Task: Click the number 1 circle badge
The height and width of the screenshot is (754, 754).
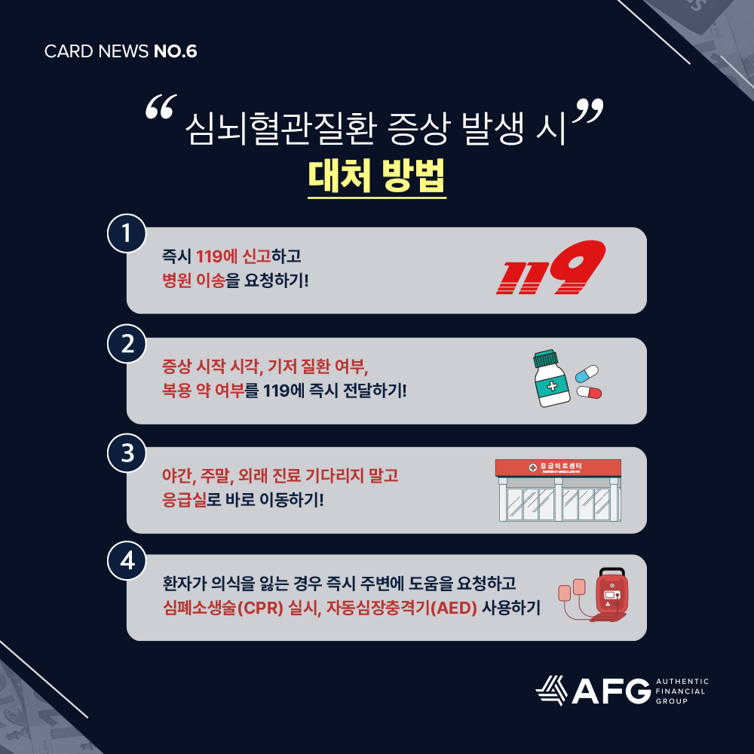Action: tap(127, 233)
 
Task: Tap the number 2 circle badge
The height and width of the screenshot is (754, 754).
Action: tap(127, 343)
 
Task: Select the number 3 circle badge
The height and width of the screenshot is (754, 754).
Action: tap(127, 453)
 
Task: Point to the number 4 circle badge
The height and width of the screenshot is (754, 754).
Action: tap(127, 561)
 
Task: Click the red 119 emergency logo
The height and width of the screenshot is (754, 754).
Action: tap(551, 268)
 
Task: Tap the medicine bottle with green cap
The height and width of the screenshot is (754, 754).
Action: tap(551, 378)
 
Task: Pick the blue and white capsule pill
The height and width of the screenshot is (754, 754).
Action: tap(587, 374)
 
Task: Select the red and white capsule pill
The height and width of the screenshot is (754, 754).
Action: tap(589, 392)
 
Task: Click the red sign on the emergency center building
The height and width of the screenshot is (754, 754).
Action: tap(558, 467)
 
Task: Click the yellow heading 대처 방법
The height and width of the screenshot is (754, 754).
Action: tap(376, 176)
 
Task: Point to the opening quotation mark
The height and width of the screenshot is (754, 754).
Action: tap(161, 107)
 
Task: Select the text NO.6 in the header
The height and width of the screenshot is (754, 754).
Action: tap(175, 51)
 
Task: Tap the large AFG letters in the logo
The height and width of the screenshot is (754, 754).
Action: tap(611, 691)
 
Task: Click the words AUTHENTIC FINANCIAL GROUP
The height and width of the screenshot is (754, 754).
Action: tap(682, 691)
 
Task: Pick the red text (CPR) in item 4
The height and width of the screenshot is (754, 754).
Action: tap(260, 608)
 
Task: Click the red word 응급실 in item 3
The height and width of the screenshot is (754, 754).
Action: tap(184, 500)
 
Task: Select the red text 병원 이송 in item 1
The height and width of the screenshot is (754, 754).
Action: tap(193, 280)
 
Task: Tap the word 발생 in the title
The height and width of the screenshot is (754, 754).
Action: tap(492, 129)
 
